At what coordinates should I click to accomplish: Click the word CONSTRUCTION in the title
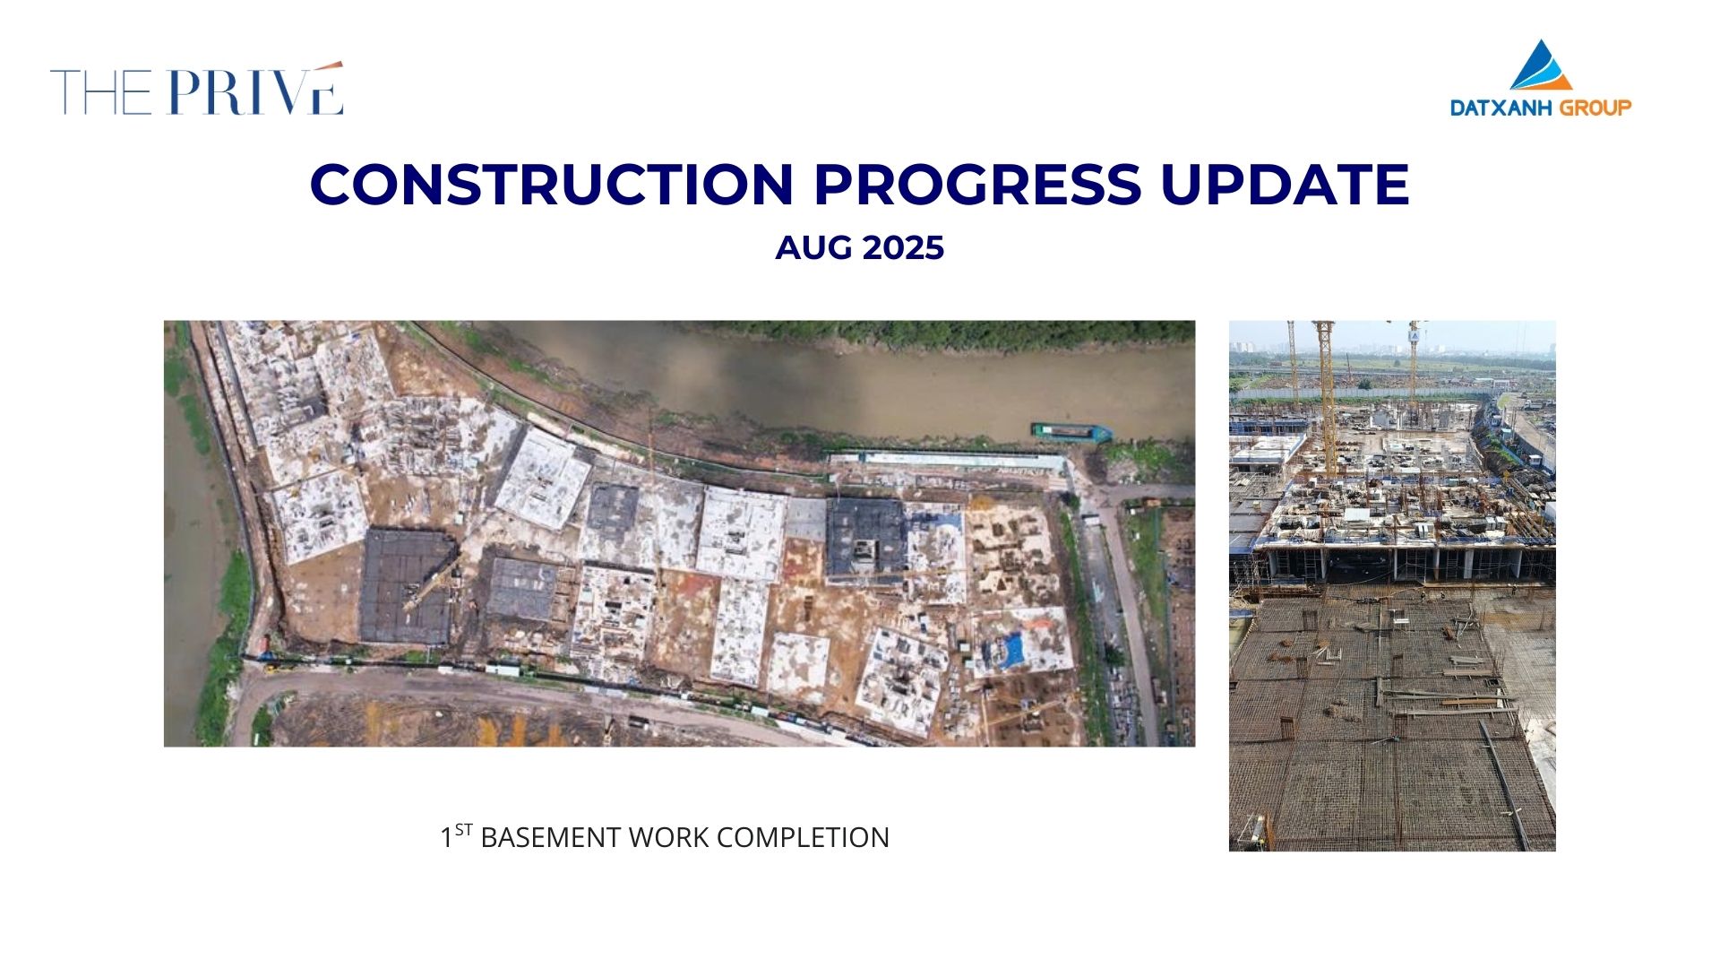(552, 185)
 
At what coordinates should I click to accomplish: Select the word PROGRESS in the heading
(977, 185)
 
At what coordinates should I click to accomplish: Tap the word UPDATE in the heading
(1286, 185)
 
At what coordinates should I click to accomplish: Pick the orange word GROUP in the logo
(1596, 108)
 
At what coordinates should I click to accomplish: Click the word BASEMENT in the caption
(551, 838)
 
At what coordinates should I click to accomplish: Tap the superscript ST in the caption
(463, 829)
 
